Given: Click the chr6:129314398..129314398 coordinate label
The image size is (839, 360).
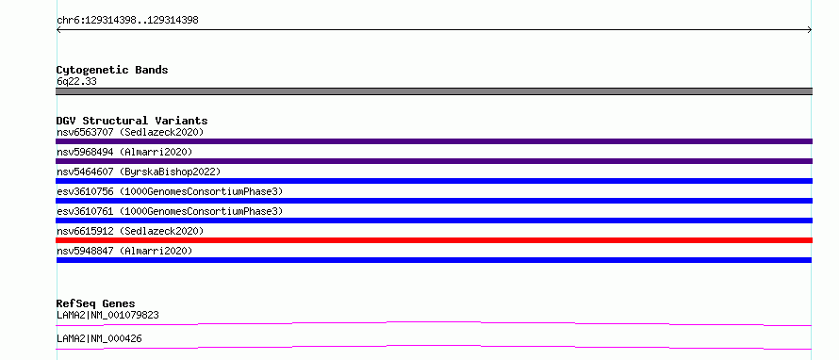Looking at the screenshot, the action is pyautogui.click(x=127, y=21).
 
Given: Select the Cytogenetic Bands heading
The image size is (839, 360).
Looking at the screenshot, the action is pyautogui.click(x=112, y=70).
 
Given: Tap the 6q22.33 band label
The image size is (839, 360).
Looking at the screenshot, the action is pyautogui.click(x=76, y=82).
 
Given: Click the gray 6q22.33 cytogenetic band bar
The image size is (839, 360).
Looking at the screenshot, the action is pyautogui.click(x=434, y=91).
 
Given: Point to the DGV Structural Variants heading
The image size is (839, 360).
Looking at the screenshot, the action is pyautogui.click(x=132, y=121).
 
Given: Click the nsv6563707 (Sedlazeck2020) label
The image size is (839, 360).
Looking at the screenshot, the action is pyautogui.click(x=130, y=132).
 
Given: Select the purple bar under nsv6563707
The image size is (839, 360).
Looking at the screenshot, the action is pyautogui.click(x=434, y=141).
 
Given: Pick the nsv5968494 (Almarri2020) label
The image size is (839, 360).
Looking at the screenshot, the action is pyautogui.click(x=124, y=152).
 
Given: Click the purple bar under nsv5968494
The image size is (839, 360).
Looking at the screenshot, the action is pyautogui.click(x=434, y=161).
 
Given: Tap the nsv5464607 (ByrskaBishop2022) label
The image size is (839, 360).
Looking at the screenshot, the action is pyautogui.click(x=139, y=172).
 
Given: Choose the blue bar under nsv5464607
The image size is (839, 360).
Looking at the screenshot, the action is pyautogui.click(x=434, y=181).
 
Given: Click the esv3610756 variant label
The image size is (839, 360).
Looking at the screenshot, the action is pyautogui.click(x=170, y=191).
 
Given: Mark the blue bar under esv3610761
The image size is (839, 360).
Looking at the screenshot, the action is pyautogui.click(x=434, y=221).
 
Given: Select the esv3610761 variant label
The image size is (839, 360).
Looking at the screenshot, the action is pyautogui.click(x=170, y=211).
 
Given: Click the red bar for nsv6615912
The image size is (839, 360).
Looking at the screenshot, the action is pyautogui.click(x=434, y=240).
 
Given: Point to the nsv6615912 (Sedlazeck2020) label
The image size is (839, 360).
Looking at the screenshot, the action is pyautogui.click(x=130, y=231).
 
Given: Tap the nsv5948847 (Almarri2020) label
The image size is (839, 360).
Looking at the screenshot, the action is pyautogui.click(x=124, y=251).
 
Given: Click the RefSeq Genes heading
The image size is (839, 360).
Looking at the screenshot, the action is pyautogui.click(x=96, y=303).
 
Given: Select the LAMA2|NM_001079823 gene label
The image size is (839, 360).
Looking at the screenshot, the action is pyautogui.click(x=107, y=315).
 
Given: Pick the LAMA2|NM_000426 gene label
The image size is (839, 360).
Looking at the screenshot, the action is pyautogui.click(x=99, y=338).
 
